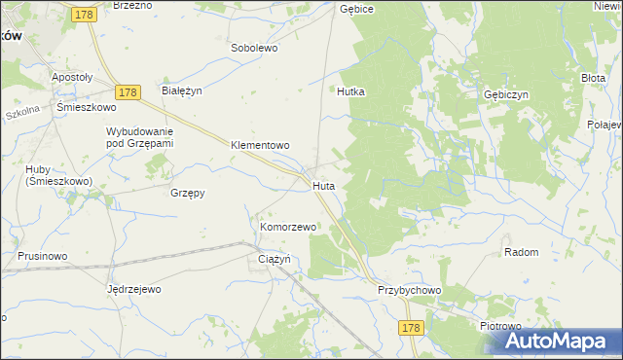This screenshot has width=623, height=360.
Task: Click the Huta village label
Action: [x=324, y=185]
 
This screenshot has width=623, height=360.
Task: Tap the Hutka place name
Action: [x=350, y=91]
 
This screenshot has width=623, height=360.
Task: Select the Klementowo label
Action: [x=260, y=146]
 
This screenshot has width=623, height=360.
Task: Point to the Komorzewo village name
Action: [x=288, y=227]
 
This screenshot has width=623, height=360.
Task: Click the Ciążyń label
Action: [x=275, y=259]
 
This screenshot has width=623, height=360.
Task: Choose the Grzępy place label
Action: [x=187, y=193]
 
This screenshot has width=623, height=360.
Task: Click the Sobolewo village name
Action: [x=255, y=47]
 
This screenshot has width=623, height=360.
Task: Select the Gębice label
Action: [x=357, y=8]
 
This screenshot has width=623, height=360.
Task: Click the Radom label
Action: [x=522, y=252]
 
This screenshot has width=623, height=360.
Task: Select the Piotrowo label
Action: [x=501, y=327]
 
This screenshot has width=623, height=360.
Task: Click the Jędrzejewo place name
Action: [x=133, y=289]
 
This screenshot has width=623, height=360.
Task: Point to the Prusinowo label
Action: [x=42, y=256]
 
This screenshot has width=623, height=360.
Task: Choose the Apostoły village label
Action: [x=72, y=76]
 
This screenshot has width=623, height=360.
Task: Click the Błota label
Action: [x=593, y=77]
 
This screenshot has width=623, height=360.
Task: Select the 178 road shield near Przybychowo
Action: [x=410, y=329]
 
